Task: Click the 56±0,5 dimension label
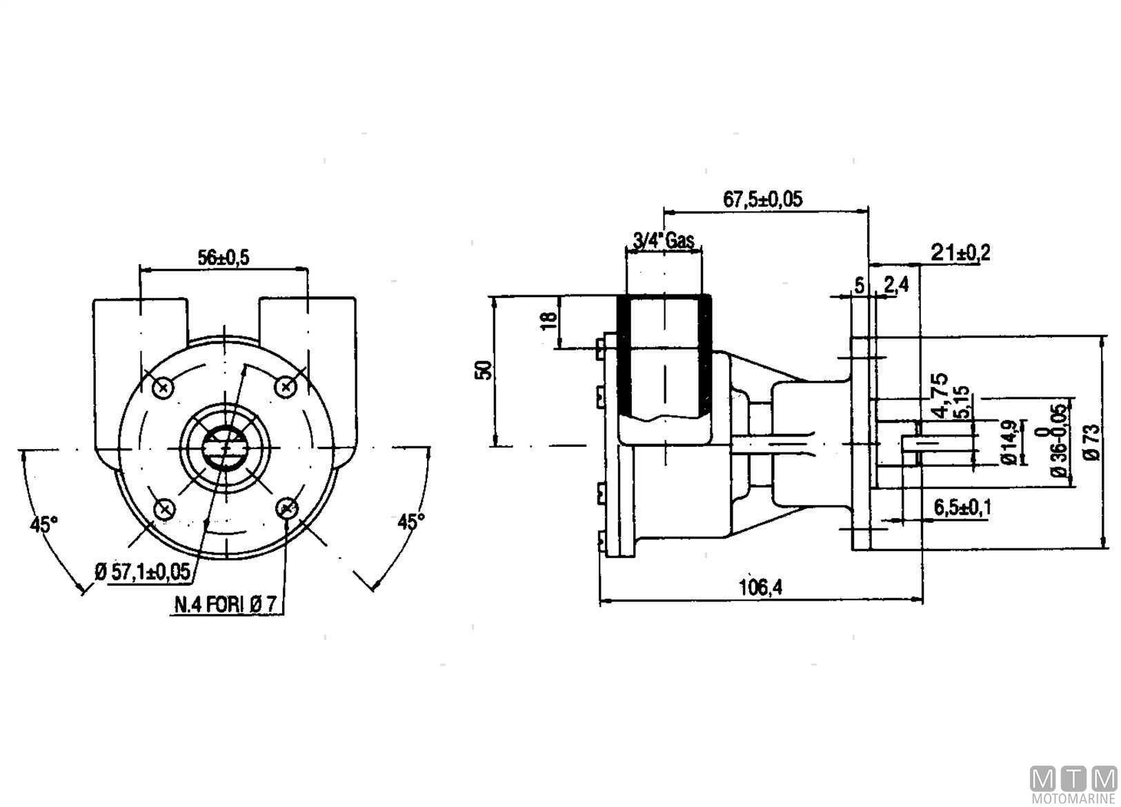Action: (224, 257)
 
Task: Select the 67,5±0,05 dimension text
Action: (763, 199)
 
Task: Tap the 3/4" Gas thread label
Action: (662, 241)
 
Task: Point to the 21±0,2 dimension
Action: (960, 253)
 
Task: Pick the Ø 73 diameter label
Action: (1091, 442)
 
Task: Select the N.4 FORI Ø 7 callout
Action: (226, 605)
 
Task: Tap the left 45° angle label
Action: (43, 524)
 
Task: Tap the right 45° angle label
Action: (411, 521)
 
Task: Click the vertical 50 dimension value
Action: (485, 370)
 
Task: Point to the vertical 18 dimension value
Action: (548, 321)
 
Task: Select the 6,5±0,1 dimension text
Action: (962, 507)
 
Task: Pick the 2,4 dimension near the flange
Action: (895, 285)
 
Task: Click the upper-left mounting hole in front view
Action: (163, 388)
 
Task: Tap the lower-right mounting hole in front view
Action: (288, 509)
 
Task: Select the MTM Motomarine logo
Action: (1073, 785)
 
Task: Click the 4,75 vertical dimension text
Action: (939, 395)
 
